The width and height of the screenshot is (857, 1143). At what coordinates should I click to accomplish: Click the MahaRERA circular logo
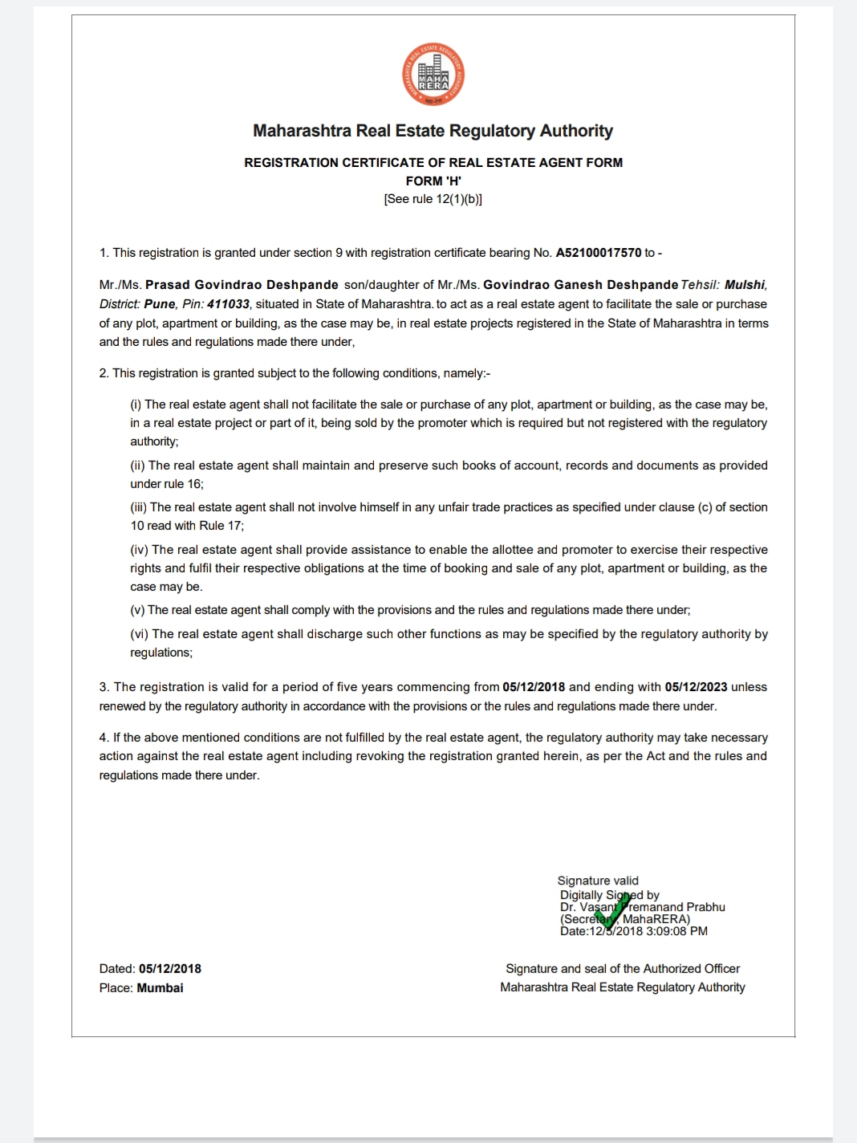click(x=433, y=75)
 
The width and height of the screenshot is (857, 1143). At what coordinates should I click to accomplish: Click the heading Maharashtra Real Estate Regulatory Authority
click(x=433, y=131)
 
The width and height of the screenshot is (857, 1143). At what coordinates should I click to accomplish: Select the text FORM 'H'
click(x=433, y=181)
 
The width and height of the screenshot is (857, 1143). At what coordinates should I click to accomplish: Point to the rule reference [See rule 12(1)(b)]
click(x=433, y=199)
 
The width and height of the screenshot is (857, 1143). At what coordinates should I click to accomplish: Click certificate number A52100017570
click(x=599, y=253)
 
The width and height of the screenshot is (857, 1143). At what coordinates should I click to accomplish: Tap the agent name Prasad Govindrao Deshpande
click(x=242, y=285)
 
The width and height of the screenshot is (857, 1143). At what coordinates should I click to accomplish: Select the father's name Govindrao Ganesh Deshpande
click(x=580, y=285)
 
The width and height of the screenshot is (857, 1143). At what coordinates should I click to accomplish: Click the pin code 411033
click(x=228, y=304)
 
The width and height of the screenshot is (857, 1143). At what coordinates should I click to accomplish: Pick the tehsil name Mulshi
click(x=745, y=285)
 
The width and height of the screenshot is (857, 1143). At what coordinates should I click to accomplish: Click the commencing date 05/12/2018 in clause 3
click(x=534, y=687)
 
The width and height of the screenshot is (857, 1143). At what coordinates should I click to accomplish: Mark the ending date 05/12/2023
click(x=696, y=687)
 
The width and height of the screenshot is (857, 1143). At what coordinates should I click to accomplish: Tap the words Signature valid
click(x=598, y=881)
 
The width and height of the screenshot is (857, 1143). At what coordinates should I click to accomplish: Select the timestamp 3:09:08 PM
click(x=677, y=931)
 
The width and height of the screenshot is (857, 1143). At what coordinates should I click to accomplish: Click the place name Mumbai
click(x=160, y=988)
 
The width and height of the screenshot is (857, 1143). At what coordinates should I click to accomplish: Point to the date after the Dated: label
click(x=170, y=969)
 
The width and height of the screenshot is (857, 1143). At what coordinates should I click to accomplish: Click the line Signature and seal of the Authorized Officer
click(x=623, y=969)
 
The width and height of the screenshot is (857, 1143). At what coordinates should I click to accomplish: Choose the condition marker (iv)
click(x=140, y=550)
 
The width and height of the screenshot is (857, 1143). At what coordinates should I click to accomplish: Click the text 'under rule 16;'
click(x=167, y=484)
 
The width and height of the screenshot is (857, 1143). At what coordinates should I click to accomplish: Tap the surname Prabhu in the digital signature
click(x=705, y=907)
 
